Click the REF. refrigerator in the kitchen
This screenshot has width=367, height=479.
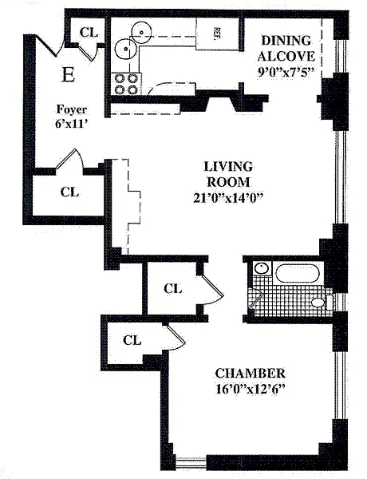coord(216,34)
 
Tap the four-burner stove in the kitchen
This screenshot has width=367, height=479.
coord(126,84)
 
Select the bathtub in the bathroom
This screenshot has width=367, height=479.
coord(297,273)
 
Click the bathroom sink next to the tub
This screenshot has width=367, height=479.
coord(262,268)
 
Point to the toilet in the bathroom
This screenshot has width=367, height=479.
coord(322,302)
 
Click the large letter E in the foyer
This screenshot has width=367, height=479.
coord(68,74)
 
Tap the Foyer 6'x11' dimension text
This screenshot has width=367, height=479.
coord(72,117)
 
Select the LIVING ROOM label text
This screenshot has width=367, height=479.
coord(228,174)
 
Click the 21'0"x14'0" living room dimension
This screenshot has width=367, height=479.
coord(228,199)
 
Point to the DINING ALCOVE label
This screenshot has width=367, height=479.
coord(286,48)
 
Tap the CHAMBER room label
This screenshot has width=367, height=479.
coord(250,374)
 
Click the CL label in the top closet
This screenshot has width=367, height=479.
coord(89,32)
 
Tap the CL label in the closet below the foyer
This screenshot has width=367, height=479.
coord(69,192)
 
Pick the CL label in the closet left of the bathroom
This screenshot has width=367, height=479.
coord(173,288)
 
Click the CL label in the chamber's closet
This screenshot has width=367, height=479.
coord(132,340)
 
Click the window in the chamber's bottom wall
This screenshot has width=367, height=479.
coord(191,463)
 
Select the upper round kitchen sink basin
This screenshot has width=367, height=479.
coord(142,32)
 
